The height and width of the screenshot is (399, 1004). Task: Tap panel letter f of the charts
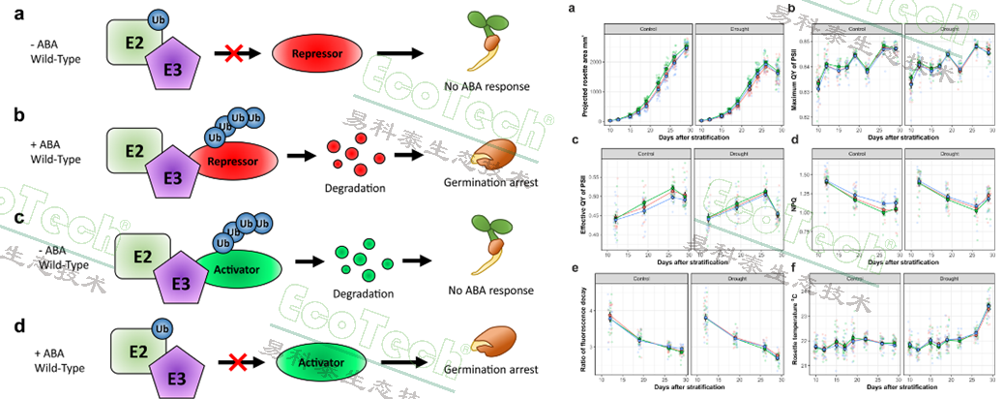coord(791,266)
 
